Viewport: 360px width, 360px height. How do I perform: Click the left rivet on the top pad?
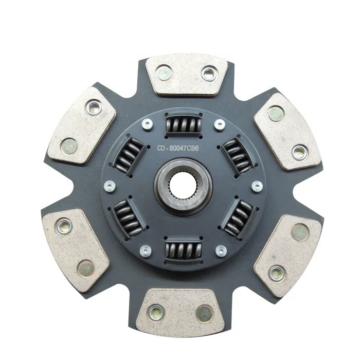[x=164, y=71]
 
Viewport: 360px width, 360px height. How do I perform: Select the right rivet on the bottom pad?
[x=205, y=312]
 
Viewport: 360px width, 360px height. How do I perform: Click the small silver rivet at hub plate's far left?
[x=107, y=186]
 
